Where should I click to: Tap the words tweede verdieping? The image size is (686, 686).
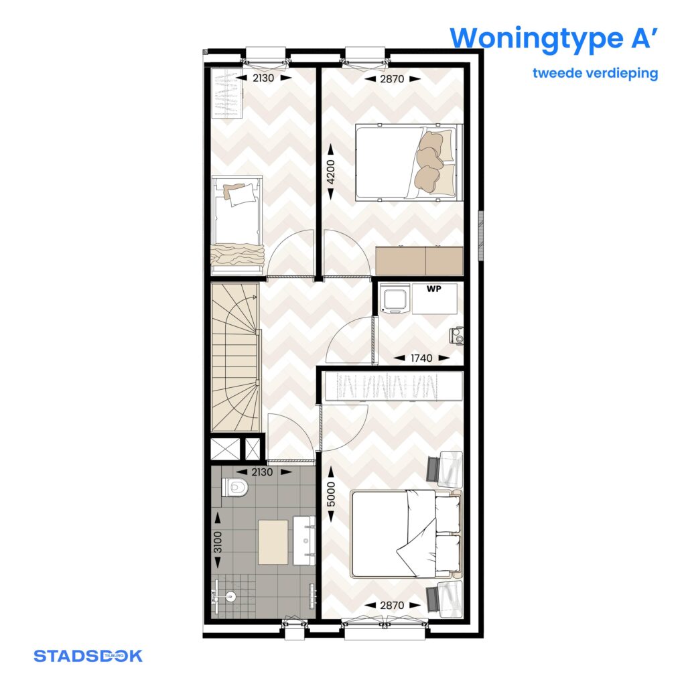[x=595, y=72]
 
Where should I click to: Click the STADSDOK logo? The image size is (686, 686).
[x=88, y=656]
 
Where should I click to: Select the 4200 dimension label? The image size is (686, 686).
[x=331, y=172]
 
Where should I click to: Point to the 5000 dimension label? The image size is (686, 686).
[x=331, y=494]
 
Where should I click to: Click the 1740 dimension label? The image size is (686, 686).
[x=421, y=358]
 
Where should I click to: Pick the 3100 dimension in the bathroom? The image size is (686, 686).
[x=218, y=541]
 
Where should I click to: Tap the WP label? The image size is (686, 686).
[x=434, y=289]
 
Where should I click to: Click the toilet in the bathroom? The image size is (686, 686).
[x=234, y=487]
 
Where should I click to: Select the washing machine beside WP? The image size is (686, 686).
[x=395, y=299]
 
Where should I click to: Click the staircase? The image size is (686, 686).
[x=235, y=357]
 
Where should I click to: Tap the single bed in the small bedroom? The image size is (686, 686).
[x=236, y=225]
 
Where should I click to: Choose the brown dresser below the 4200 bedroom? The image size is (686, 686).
[x=419, y=261]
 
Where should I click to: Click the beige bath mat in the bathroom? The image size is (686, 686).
[x=273, y=542]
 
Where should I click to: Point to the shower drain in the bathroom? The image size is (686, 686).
[x=230, y=596]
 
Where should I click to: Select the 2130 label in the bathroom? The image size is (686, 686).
[x=262, y=472]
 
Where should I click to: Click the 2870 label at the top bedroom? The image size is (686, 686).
[x=392, y=79]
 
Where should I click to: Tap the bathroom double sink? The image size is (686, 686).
[x=304, y=540]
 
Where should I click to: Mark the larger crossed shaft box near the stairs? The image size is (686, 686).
[x=225, y=449]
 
